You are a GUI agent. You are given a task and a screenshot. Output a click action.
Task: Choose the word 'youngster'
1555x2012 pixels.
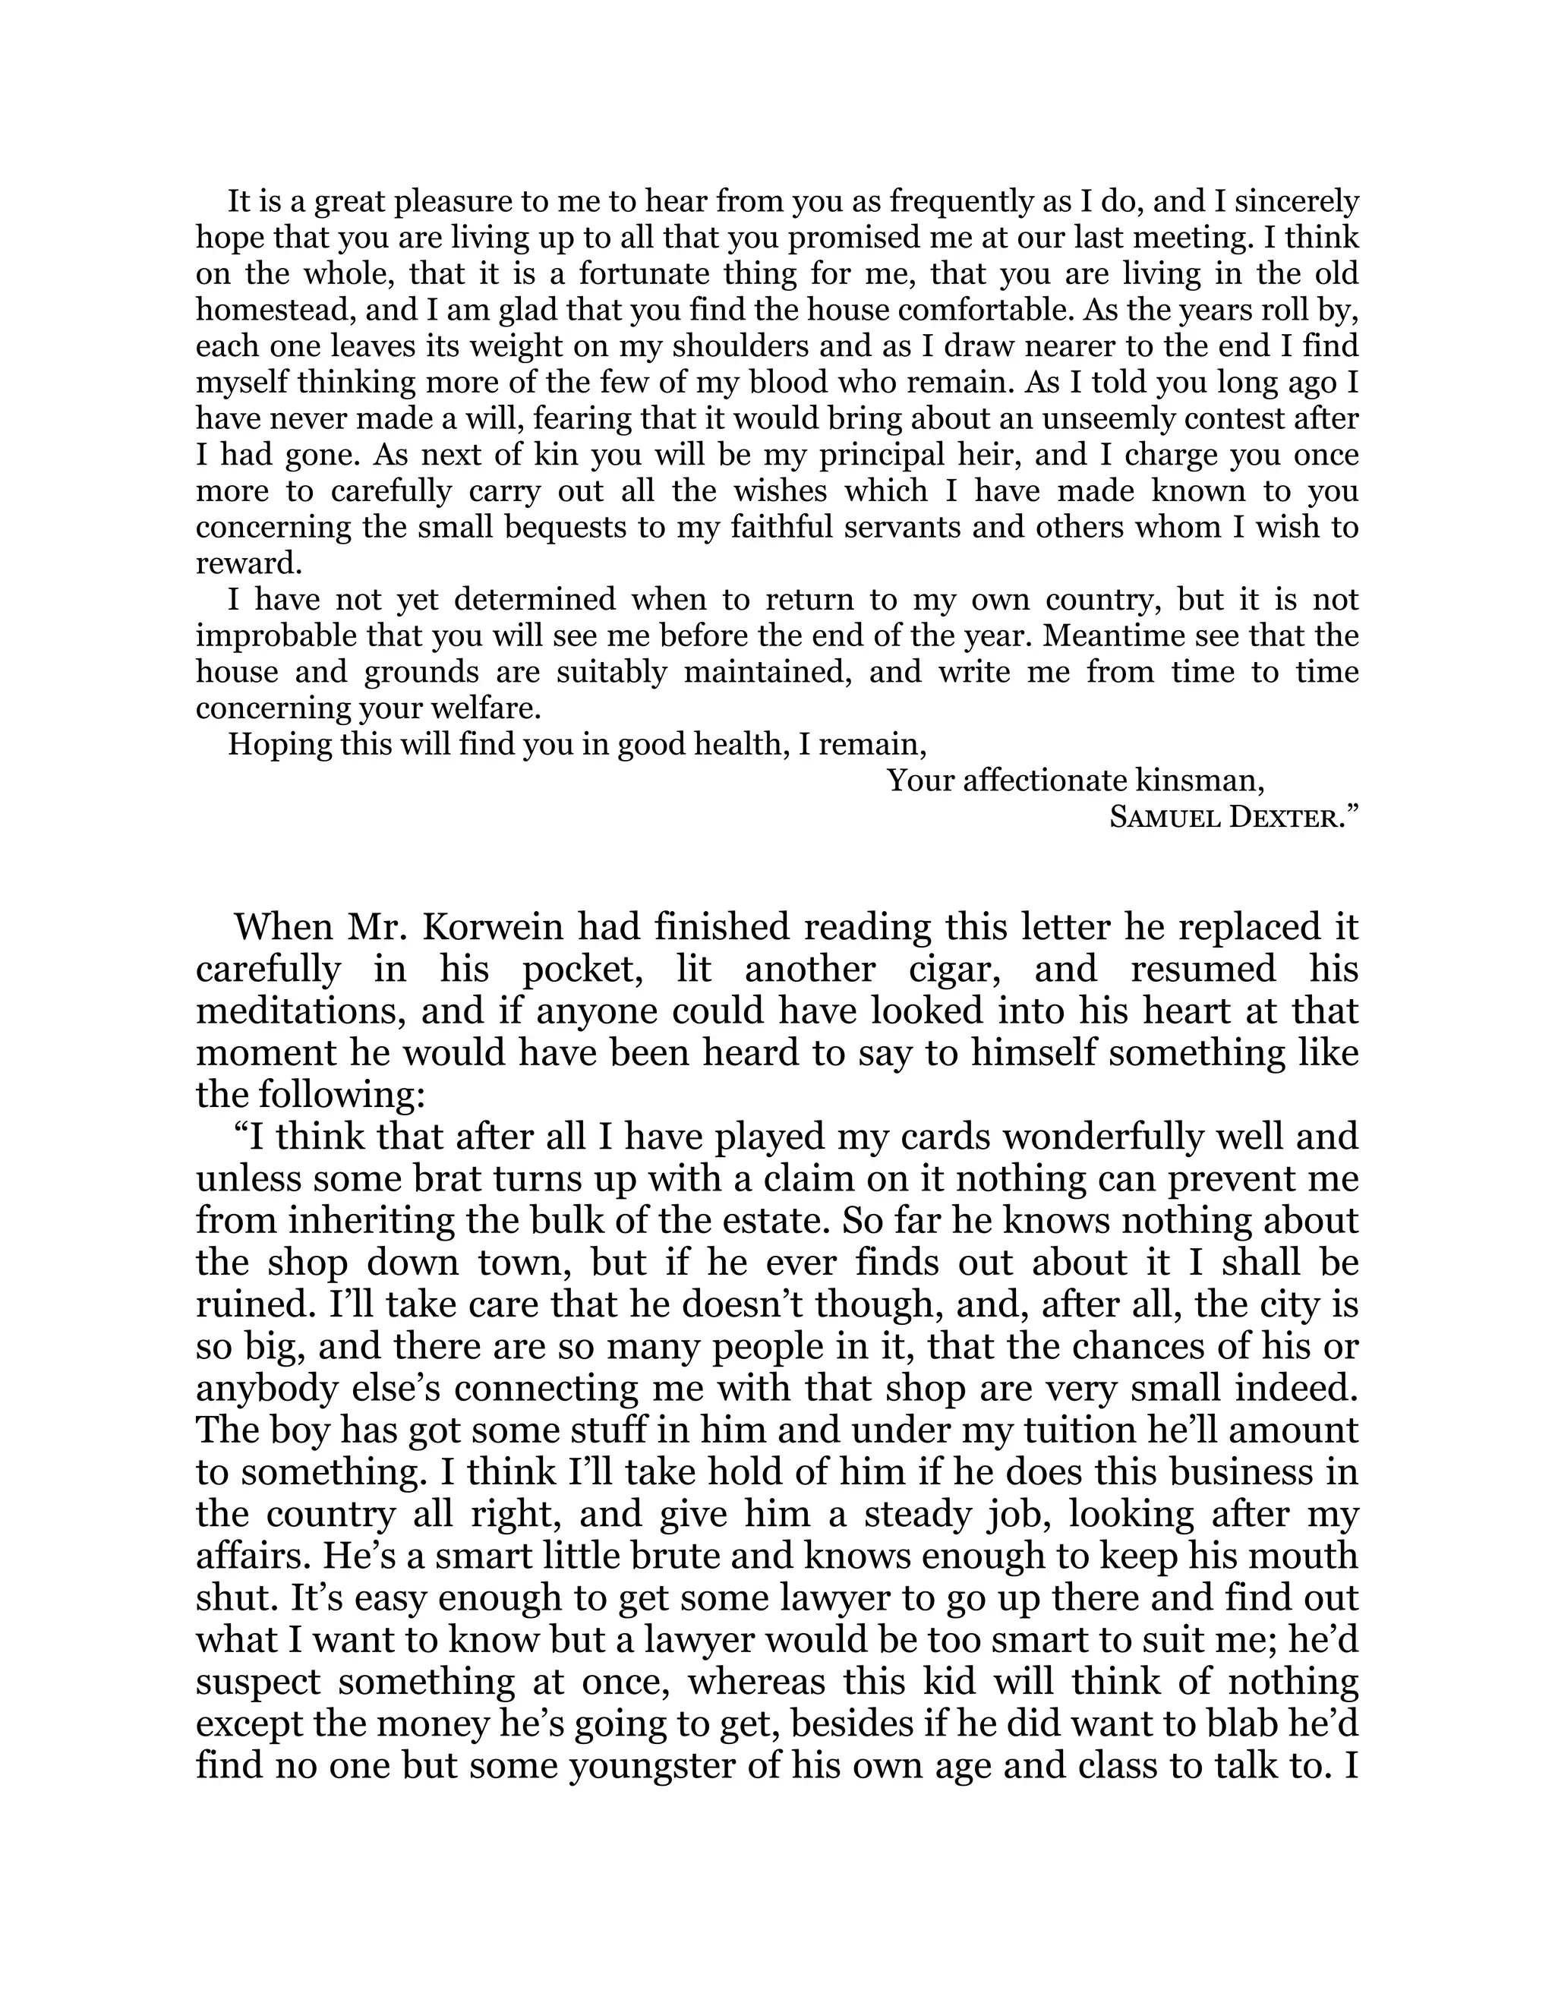click(x=651, y=1766)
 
